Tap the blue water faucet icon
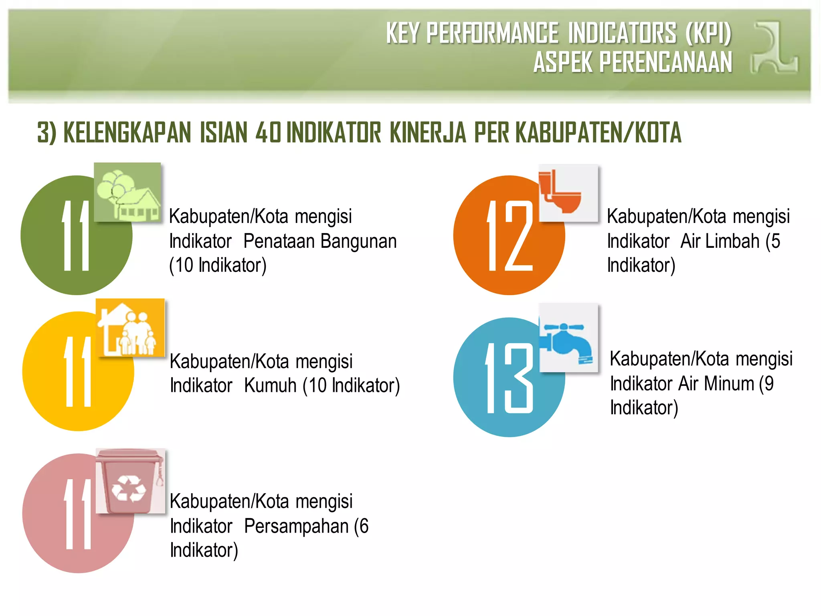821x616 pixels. (x=568, y=338)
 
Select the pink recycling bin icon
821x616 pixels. (x=130, y=481)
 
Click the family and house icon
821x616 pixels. (x=130, y=328)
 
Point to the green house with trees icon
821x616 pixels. (x=127, y=192)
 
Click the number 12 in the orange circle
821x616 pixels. (x=510, y=236)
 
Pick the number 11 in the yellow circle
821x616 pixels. (x=78, y=371)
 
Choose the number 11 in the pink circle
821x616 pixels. (x=78, y=514)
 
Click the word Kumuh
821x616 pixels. (x=270, y=386)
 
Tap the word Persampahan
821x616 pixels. (x=296, y=526)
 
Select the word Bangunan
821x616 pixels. (x=359, y=241)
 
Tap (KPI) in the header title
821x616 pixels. (x=708, y=33)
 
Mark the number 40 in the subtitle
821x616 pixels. (x=268, y=133)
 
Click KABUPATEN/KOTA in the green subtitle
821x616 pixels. (x=598, y=133)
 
